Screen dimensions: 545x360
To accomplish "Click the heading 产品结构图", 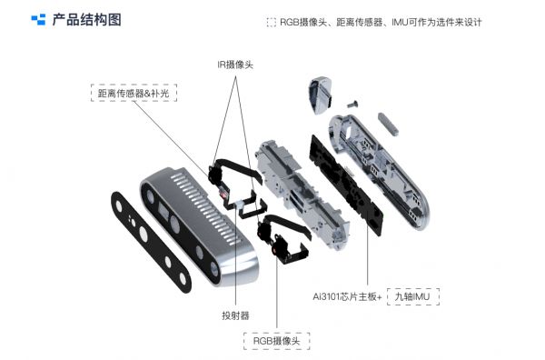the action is tap(87, 20).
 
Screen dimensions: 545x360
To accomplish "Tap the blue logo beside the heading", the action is tap(38, 19).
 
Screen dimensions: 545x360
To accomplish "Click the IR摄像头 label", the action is tap(235, 65).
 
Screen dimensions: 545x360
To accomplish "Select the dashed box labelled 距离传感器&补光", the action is tap(134, 93).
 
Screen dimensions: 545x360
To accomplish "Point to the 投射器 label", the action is tap(235, 315).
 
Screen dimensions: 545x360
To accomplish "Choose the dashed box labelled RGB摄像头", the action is tap(276, 341).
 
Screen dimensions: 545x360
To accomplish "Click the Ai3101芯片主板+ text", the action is tap(347, 296).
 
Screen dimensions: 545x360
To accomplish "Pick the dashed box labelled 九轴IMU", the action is tap(413, 296).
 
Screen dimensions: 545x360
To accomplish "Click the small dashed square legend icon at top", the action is tap(271, 22).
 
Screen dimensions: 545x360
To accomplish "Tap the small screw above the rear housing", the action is tap(352, 104).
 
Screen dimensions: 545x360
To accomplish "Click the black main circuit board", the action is tap(346, 185).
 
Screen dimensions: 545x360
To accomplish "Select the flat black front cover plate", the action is tap(151, 242).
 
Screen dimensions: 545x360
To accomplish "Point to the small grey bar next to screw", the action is tap(388, 123).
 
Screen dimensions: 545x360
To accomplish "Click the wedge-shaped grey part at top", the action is tap(320, 95).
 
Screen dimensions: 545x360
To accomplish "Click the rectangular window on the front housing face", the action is tap(163, 211).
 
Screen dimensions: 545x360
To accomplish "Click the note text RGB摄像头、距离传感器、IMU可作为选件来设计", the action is tap(381, 22).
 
